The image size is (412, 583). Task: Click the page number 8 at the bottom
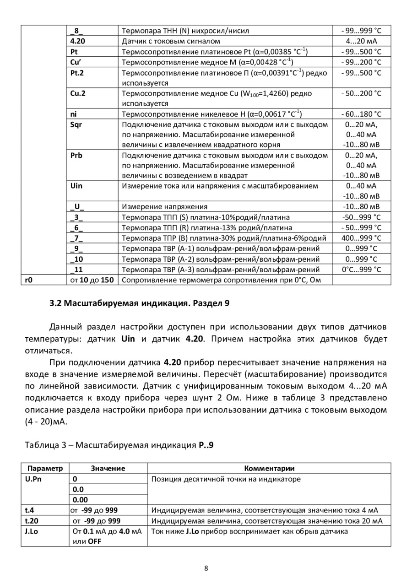206,568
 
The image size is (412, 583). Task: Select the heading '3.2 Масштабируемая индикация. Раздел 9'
139,303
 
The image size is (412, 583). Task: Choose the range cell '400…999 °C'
361,238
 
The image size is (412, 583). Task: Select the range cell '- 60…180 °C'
361,114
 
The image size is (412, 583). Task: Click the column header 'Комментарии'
269,468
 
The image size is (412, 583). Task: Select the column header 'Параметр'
45,468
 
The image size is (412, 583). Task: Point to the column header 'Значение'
108,468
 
